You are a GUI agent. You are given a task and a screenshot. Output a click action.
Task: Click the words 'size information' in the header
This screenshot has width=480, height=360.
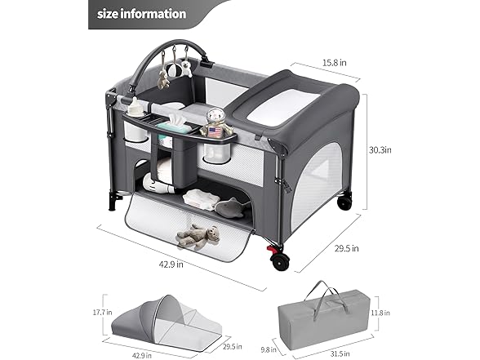click(141, 14)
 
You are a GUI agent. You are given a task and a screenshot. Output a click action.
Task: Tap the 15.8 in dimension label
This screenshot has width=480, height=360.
click(335, 63)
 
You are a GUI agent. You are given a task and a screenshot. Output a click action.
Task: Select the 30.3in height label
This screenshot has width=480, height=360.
click(380, 150)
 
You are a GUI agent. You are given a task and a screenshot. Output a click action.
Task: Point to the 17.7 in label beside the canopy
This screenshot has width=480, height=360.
click(103, 313)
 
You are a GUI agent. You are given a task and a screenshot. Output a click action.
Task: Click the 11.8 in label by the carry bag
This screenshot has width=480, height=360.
click(380, 313)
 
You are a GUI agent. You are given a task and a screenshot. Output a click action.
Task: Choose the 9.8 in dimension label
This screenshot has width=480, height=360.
click(269, 349)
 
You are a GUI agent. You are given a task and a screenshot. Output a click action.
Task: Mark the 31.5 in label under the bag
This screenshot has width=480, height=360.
click(340, 354)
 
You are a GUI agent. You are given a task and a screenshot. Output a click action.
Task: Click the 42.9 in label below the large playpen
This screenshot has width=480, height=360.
click(171, 264)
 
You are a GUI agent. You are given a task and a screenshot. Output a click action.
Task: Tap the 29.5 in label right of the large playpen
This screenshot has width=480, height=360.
click(346, 248)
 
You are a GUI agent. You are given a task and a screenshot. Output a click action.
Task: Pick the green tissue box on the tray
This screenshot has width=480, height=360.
click(173, 125)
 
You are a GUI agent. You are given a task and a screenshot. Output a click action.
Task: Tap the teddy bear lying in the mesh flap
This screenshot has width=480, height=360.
click(198, 236)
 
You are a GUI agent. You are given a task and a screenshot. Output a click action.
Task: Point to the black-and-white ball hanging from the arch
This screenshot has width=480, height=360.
click(174, 70)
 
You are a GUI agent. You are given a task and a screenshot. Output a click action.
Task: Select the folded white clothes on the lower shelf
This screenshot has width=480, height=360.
click(201, 198)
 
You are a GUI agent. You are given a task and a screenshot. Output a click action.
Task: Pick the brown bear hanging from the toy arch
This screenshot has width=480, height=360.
click(163, 79)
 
